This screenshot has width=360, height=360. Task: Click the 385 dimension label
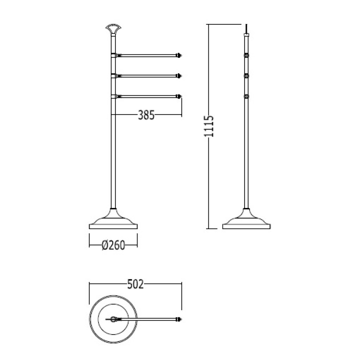(x=146, y=115)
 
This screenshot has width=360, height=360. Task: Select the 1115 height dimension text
(x=209, y=126)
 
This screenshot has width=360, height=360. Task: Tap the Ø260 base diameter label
(x=114, y=245)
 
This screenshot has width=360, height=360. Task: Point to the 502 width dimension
(x=135, y=284)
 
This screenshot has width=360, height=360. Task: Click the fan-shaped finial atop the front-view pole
(x=114, y=28)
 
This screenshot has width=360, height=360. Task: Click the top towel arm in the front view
(x=149, y=55)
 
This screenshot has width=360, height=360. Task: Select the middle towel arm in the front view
(x=149, y=76)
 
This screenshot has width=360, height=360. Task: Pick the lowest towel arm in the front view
(x=149, y=96)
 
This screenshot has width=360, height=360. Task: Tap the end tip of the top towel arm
(x=181, y=55)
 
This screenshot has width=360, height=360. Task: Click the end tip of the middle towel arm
(x=181, y=76)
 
